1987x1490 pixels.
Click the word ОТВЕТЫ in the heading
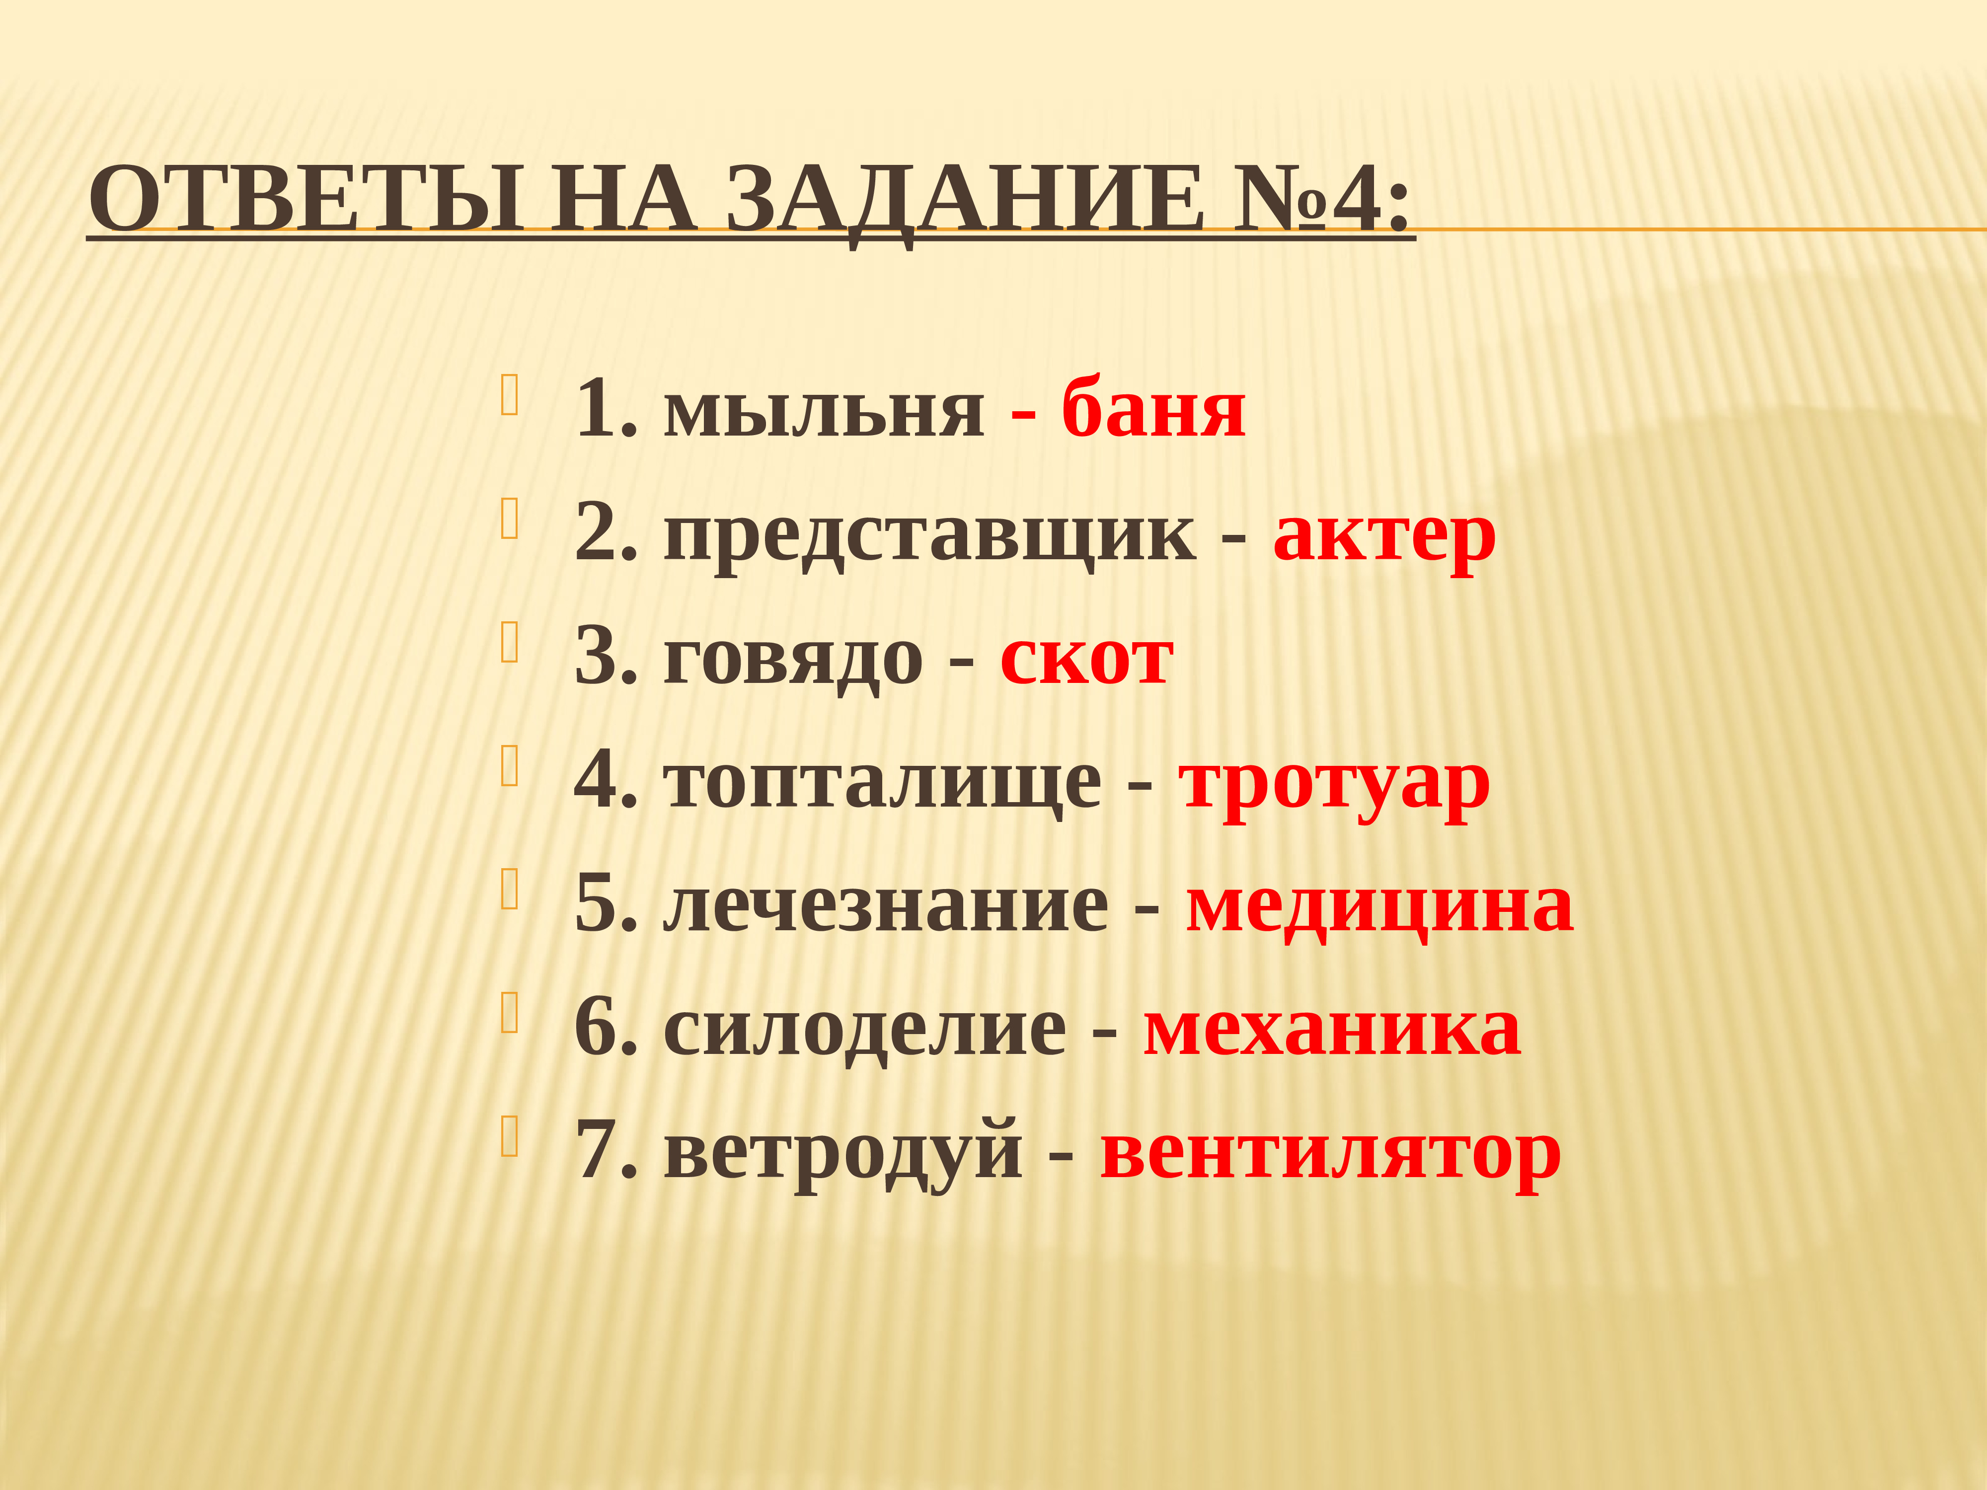[306, 199]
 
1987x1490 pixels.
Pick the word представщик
[930, 536]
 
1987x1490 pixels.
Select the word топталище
[882, 783]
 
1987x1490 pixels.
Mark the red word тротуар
[1334, 783]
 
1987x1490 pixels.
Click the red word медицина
[1379, 906]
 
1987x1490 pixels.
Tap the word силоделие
[864, 1030]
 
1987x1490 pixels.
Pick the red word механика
[1331, 1030]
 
